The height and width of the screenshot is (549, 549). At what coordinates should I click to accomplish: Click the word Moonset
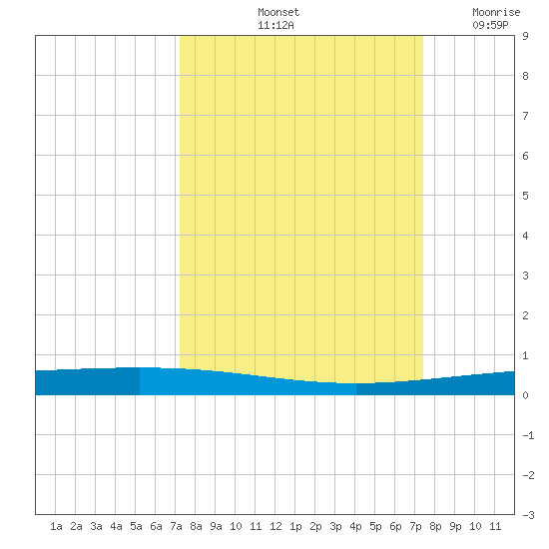coord(278,12)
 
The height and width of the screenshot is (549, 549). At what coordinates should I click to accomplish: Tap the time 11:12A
coord(275,25)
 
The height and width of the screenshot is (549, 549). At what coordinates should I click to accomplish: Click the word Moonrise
coord(496,12)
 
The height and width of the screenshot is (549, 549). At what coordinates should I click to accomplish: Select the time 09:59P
coord(490,25)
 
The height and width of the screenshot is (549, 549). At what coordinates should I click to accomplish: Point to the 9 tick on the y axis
coord(525,36)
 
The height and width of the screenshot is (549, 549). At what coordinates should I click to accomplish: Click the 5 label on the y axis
coord(525,196)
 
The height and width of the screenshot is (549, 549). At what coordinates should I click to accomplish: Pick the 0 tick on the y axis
coord(525,395)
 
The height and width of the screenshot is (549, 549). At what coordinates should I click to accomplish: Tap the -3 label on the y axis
coord(528,515)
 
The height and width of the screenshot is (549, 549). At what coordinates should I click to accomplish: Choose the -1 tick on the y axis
coord(528,435)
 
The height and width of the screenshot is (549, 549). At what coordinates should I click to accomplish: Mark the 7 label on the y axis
coord(525,116)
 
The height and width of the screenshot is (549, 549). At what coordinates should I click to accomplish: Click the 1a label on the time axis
coord(56,526)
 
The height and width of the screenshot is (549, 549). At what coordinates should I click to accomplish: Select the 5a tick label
coord(136,526)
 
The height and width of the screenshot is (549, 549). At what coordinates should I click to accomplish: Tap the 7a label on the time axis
coord(176,526)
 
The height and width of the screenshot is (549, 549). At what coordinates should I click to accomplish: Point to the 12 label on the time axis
coord(275,526)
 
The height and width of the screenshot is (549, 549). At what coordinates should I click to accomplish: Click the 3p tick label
coord(335,526)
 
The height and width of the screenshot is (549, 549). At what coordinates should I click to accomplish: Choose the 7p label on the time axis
coord(415,526)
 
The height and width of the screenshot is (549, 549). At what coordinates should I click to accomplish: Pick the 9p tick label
coord(455,526)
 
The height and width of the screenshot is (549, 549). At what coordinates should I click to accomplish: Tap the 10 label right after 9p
coord(475,526)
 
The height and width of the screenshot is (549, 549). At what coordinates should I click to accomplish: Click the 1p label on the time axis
coord(295,526)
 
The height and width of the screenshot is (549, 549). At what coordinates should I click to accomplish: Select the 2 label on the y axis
coord(525,315)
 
